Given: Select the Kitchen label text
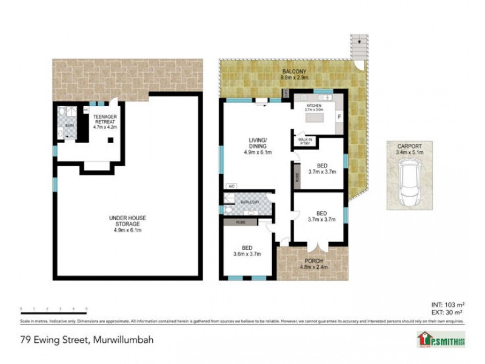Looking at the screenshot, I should pyautogui.click(x=314, y=107).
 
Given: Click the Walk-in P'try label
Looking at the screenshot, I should pyautogui.click(x=305, y=142).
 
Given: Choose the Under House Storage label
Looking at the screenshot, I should pyautogui.click(x=127, y=221).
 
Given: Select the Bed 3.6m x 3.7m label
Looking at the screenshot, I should pyautogui.click(x=247, y=251).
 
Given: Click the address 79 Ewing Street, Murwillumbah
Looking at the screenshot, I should pyautogui.click(x=87, y=340).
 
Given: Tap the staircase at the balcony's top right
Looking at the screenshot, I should pyautogui.click(x=359, y=46).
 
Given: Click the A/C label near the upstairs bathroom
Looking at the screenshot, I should pyautogui.click(x=231, y=186).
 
